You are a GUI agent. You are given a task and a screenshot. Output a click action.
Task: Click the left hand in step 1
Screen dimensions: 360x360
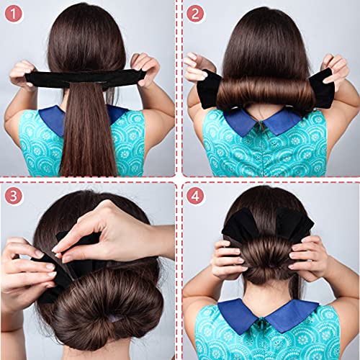point(23,72)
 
